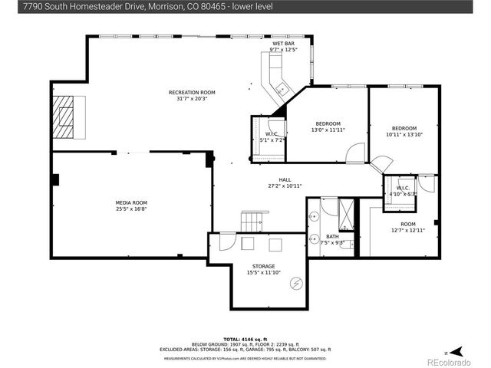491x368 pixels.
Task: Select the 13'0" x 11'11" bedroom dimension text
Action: (x=328, y=130)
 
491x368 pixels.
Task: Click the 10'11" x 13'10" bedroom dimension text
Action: (x=404, y=131)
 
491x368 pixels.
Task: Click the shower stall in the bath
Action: (x=347, y=213)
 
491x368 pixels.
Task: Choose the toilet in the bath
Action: (x=347, y=245)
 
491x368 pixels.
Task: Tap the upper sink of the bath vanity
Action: (x=315, y=216)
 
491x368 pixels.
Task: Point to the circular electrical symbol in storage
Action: (x=295, y=283)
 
